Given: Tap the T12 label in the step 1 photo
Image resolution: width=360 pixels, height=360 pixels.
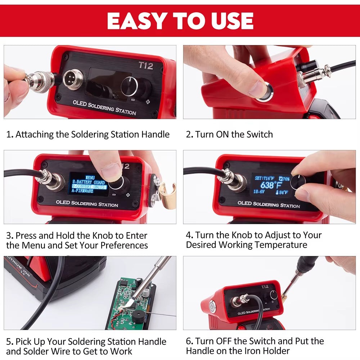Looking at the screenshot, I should [x=146, y=66].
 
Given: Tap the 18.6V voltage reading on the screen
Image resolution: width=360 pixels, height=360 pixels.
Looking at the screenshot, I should [x=259, y=192].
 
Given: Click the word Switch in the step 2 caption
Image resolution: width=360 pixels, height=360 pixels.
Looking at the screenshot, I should [x=260, y=135].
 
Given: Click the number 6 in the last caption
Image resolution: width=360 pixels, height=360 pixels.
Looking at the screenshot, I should [x=189, y=341].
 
